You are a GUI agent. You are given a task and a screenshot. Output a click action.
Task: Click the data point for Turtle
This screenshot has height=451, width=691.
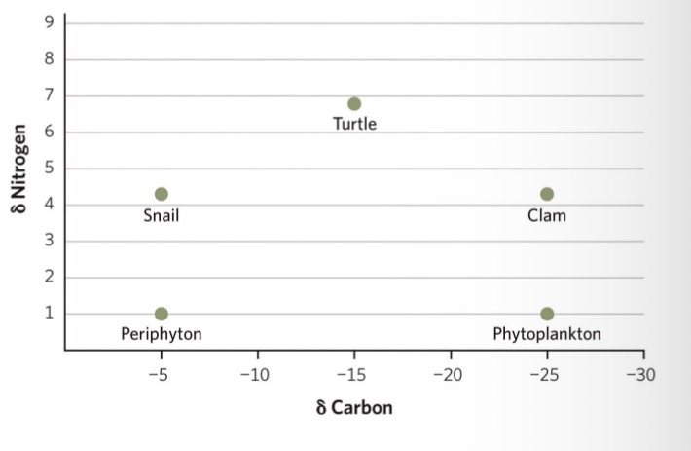click(x=354, y=104)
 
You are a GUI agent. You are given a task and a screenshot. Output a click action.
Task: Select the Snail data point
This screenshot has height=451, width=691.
click(x=162, y=194)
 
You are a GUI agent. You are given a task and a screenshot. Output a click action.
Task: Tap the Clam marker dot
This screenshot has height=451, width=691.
click(x=547, y=194)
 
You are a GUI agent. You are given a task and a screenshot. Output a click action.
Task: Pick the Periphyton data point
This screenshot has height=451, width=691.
click(x=162, y=314)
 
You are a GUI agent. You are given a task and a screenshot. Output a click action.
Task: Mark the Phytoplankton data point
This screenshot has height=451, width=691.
click(x=547, y=314)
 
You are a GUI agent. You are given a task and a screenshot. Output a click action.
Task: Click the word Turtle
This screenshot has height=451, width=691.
click(x=354, y=124)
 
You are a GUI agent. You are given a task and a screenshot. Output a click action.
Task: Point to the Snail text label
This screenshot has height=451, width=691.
click(x=162, y=215)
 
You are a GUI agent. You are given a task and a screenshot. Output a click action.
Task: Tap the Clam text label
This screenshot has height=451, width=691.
click(x=547, y=215)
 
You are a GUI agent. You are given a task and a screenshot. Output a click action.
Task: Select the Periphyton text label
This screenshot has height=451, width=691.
click(x=162, y=334)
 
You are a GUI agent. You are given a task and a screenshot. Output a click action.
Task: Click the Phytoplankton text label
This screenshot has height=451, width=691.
click(x=547, y=334)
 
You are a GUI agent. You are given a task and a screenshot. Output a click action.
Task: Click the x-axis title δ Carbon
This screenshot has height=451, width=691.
click(x=354, y=407)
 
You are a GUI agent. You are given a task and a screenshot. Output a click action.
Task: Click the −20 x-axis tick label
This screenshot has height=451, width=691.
click(x=449, y=373)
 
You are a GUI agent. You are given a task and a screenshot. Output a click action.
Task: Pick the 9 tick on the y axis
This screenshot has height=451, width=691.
click(x=47, y=23)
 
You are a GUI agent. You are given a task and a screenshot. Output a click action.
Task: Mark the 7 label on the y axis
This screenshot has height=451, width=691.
click(x=47, y=96)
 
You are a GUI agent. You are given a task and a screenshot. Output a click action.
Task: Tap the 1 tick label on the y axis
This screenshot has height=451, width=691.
click(x=47, y=314)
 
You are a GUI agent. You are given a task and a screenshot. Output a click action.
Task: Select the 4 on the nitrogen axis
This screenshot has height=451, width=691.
click(x=47, y=205)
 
